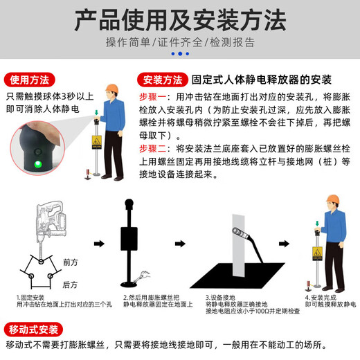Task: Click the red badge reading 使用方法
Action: [29, 78]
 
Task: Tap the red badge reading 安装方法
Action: [163, 78]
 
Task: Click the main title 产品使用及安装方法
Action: [179, 19]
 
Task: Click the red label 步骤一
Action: [154, 95]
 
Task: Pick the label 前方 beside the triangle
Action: [71, 262]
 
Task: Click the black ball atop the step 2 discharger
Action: [128, 204]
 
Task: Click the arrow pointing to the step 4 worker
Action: [285, 243]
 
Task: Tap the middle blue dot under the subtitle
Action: [179, 53]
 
